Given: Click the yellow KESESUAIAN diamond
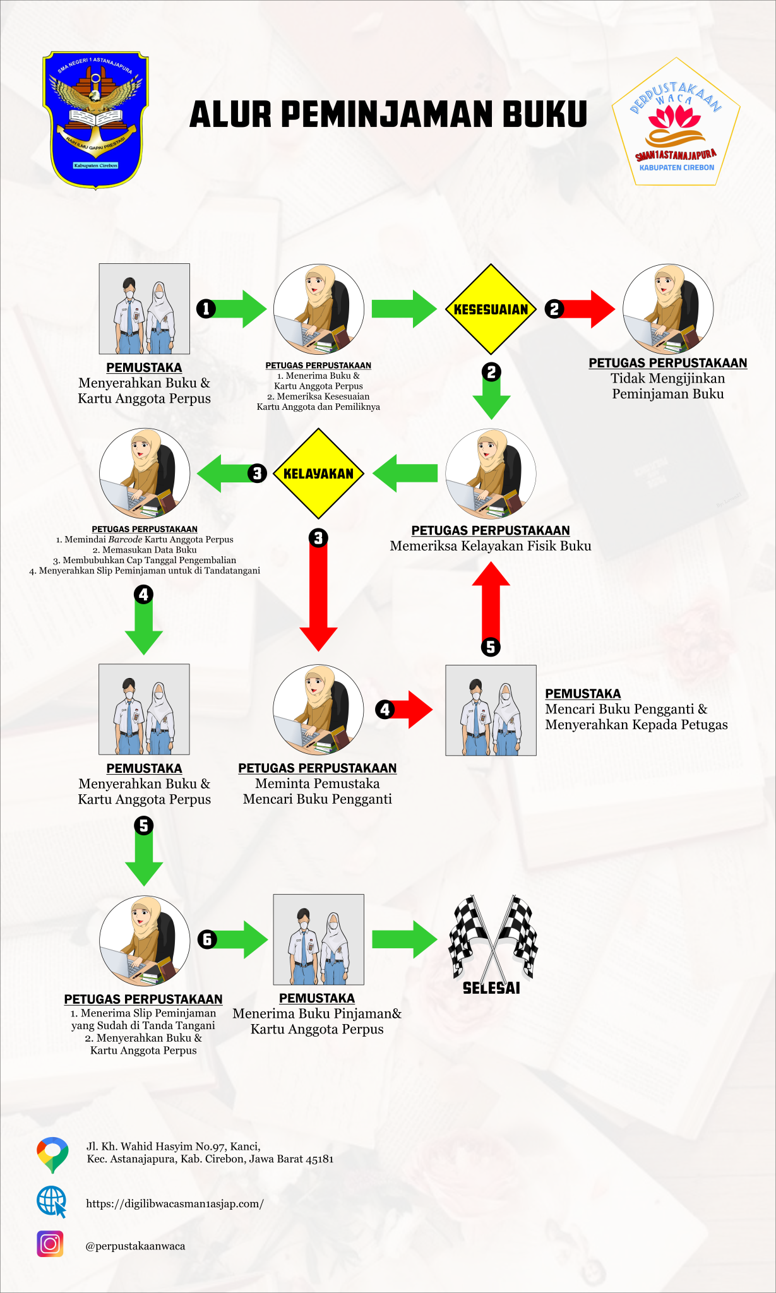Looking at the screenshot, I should [x=491, y=309].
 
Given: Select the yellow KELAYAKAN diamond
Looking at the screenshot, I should [x=318, y=474].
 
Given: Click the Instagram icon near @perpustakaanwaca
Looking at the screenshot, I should [x=50, y=1244].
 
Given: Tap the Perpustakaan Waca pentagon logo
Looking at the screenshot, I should [x=676, y=123].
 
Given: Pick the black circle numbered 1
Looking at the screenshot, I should [x=206, y=309].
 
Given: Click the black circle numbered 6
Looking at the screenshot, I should [x=207, y=939].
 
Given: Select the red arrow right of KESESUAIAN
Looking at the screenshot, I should [x=587, y=309].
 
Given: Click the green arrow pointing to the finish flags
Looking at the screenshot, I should [x=404, y=939].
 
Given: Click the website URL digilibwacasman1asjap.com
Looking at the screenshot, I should [x=175, y=1203].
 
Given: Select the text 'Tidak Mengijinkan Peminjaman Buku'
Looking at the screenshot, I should [x=668, y=386].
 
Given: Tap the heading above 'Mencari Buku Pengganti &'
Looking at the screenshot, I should [x=583, y=693].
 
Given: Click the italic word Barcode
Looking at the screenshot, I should [x=125, y=540].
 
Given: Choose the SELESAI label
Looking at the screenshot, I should [x=491, y=989].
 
